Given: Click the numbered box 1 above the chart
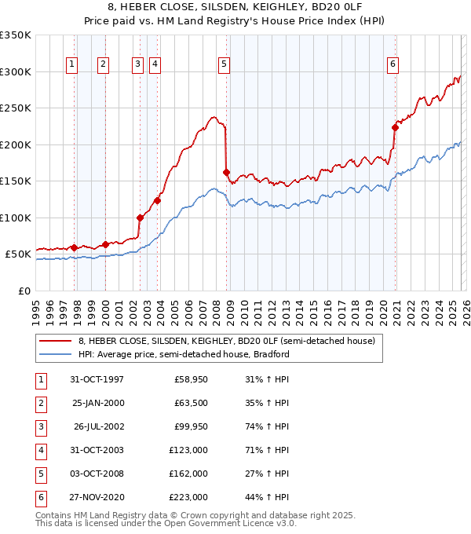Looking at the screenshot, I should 72,64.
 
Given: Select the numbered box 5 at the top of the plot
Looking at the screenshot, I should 225,64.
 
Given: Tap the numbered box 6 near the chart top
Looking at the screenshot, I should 392,64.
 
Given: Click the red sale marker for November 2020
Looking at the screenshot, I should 395,128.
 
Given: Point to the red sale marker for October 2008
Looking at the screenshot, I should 226,173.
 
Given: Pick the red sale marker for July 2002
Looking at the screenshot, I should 141,218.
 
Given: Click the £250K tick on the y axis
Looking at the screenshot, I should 16,108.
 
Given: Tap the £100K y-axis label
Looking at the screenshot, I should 16,218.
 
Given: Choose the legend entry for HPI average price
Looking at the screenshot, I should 184,354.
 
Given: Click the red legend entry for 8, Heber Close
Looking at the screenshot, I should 227,341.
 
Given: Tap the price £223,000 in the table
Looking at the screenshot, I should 188,497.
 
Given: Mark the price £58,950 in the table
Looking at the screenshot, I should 191,379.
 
